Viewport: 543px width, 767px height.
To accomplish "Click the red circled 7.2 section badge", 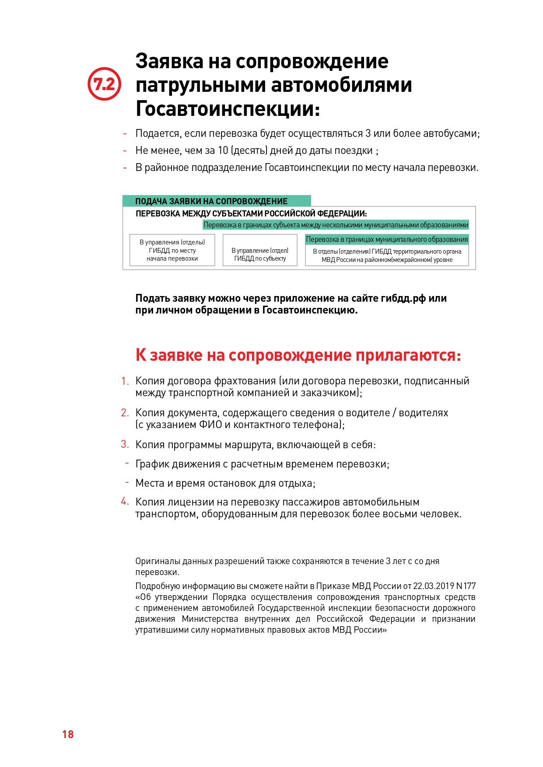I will tap(104, 84).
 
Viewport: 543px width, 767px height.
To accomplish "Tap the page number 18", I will tap(68, 734).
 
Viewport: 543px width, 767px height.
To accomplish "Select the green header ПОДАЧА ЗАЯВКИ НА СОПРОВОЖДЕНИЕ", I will tap(211, 201).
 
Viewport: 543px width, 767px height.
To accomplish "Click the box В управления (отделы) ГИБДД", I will tap(172, 250).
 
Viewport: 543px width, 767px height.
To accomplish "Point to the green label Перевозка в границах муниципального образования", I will tap(387, 239).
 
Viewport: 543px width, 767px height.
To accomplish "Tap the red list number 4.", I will tap(125, 501).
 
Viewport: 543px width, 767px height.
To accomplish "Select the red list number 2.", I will tap(125, 413).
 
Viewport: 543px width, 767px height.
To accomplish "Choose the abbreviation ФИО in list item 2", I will tap(210, 425).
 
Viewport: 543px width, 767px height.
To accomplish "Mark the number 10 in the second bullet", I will tap(223, 150).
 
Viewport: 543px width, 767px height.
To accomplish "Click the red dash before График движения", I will tap(127, 463).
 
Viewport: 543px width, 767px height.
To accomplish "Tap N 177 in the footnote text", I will tap(466, 586).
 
